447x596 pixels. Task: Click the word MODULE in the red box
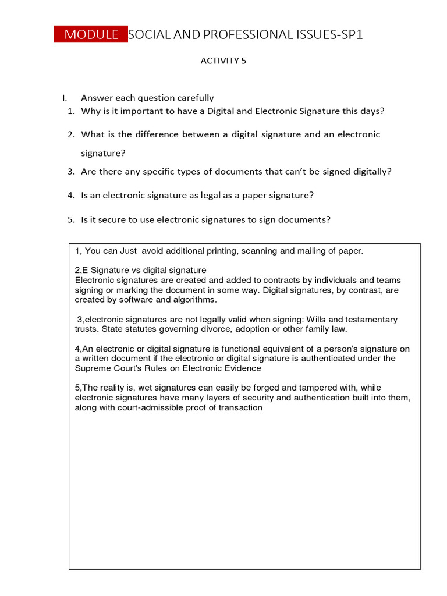(x=91, y=34)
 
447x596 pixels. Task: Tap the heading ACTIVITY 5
(x=223, y=61)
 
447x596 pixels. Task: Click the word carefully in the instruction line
(x=191, y=98)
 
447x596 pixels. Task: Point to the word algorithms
(x=193, y=300)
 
